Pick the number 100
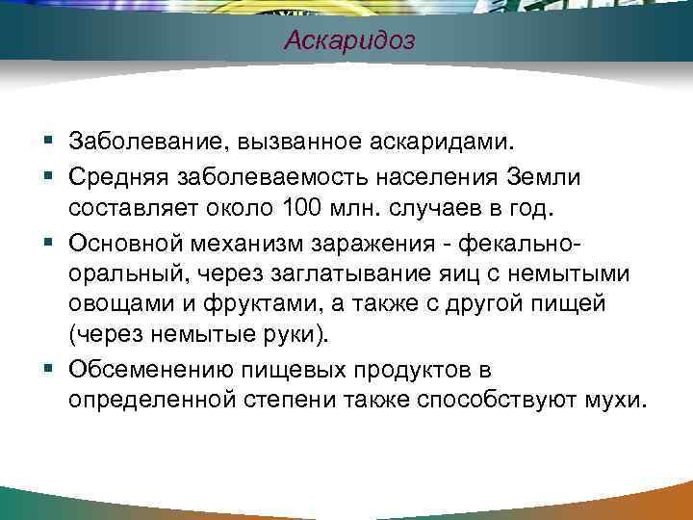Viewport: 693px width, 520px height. coord(305,207)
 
